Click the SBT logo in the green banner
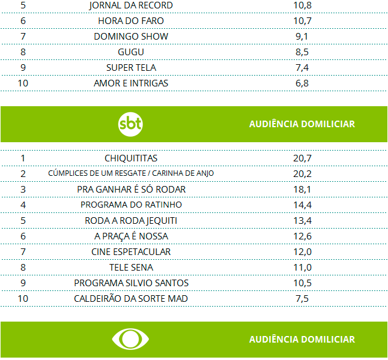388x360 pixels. coord(130,124)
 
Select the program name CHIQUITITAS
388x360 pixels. coord(131,158)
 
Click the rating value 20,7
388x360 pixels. coord(302,158)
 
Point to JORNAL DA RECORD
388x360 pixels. coord(131,5)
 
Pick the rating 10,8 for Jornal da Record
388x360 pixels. coord(302,5)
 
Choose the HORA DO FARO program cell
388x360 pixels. coord(131,21)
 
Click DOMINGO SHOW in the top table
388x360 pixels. coord(131,37)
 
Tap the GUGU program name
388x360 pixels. coord(131,52)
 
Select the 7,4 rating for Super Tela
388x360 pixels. coord(302,68)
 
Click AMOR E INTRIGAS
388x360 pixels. coord(131,83)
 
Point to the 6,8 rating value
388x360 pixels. coord(302,83)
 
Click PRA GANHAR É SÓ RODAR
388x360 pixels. coord(131,189)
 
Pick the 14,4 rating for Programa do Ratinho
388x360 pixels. coord(302,205)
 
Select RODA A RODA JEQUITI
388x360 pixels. coord(131,220)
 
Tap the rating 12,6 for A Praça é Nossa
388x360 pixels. coord(302,236)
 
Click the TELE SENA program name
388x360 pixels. coord(131,267)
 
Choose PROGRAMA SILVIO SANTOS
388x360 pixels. coord(131,283)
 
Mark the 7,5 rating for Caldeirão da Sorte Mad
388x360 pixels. coord(302,298)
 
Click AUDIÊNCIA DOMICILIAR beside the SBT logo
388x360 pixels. coord(302,124)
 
